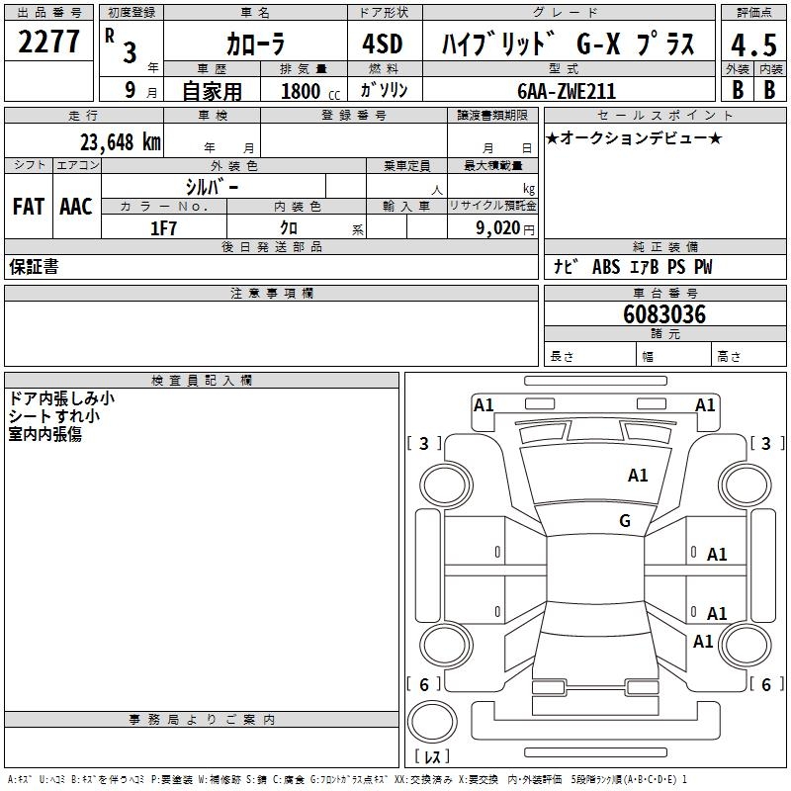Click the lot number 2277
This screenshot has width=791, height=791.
coord(49,42)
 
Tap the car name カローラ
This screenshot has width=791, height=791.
coord(256,44)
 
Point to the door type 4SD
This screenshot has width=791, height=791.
coord(384,44)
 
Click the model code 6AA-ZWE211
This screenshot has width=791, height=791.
coord(567,91)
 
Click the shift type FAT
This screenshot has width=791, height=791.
coord(28,207)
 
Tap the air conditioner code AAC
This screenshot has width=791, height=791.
coord(75,207)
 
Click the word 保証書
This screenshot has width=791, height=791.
coord(34,267)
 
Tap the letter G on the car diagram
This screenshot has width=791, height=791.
coord(625,521)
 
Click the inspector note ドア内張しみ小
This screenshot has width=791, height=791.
coord(61,398)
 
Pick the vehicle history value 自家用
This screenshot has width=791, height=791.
coord(212,91)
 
